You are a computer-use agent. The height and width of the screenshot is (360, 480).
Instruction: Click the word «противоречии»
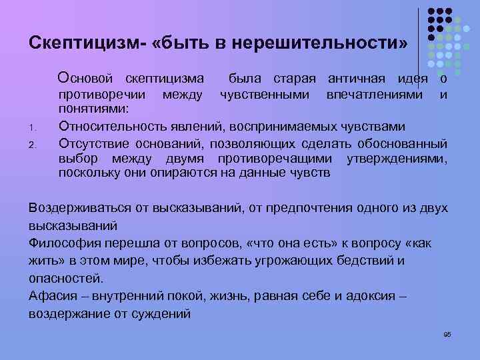point(100,95)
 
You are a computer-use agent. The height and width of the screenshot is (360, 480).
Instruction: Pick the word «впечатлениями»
point(374,95)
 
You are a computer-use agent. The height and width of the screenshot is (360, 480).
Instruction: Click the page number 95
point(447,334)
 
